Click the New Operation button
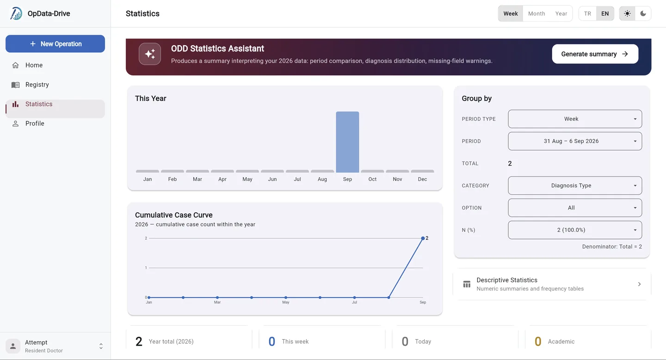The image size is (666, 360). click(55, 44)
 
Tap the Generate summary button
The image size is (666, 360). click(595, 54)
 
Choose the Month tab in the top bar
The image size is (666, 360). click(536, 13)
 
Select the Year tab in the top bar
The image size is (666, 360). click(561, 13)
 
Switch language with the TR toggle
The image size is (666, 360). click(587, 13)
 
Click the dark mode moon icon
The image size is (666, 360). click(643, 13)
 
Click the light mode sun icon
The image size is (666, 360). click(627, 13)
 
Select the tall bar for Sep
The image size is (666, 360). click(347, 142)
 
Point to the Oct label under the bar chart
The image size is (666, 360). click(372, 179)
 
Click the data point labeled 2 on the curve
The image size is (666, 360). click(423, 238)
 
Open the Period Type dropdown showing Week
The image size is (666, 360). click(575, 119)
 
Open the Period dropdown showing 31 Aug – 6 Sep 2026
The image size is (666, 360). click(575, 141)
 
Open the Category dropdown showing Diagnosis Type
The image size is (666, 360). click(575, 186)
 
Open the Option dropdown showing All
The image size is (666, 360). click(575, 208)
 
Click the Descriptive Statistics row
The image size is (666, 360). click(552, 284)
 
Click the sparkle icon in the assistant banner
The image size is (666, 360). click(150, 54)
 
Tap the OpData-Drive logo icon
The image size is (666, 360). click(16, 13)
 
